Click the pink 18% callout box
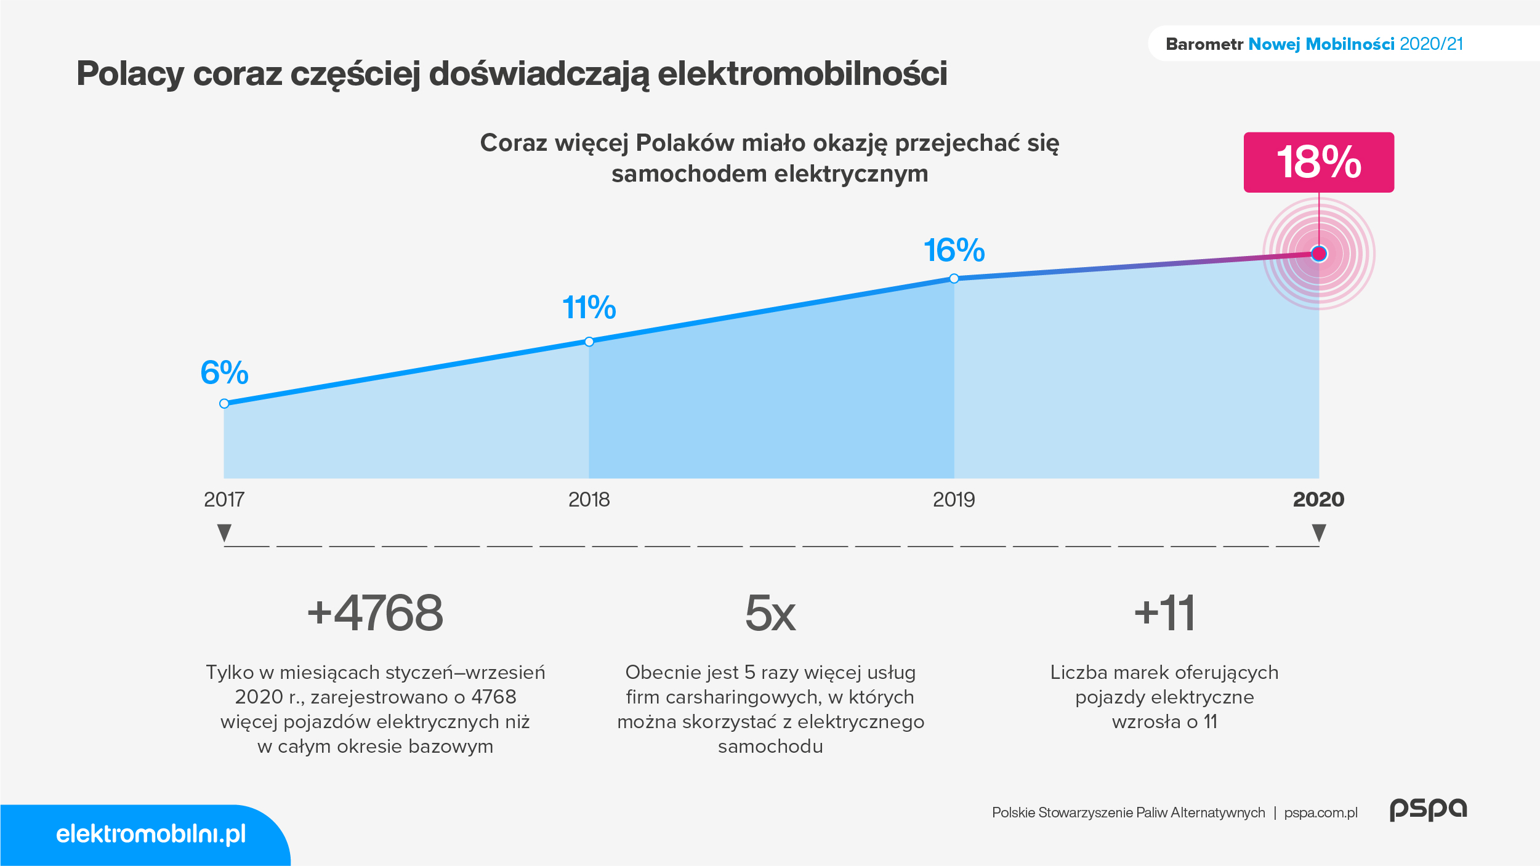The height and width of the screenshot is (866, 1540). click(x=1318, y=162)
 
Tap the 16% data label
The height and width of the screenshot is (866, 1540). click(x=954, y=251)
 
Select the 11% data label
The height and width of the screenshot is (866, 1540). click(x=589, y=307)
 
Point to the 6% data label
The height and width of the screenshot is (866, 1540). click(x=224, y=372)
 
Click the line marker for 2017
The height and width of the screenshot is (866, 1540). click(x=224, y=404)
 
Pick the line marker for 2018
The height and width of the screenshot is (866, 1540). click(x=589, y=342)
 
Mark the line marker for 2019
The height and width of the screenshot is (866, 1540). click(x=954, y=279)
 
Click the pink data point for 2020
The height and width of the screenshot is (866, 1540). click(x=1319, y=254)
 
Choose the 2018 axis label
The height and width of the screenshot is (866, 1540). click(x=589, y=499)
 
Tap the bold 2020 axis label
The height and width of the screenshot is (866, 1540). click(x=1318, y=499)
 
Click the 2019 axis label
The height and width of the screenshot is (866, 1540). click(x=954, y=499)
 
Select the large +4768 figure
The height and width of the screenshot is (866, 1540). click(x=375, y=613)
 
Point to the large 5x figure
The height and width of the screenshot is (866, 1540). click(x=770, y=613)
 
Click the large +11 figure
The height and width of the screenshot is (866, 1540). click(x=1164, y=613)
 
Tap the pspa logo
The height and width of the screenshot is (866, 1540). click(x=1429, y=810)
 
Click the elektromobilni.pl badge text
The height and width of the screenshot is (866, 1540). click(x=151, y=834)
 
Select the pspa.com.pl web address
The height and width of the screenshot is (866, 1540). click(x=1321, y=812)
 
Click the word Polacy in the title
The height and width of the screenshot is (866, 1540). click(x=131, y=74)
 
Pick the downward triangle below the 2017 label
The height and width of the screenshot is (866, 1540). click(x=224, y=532)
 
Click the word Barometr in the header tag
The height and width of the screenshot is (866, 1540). click(x=1204, y=44)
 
